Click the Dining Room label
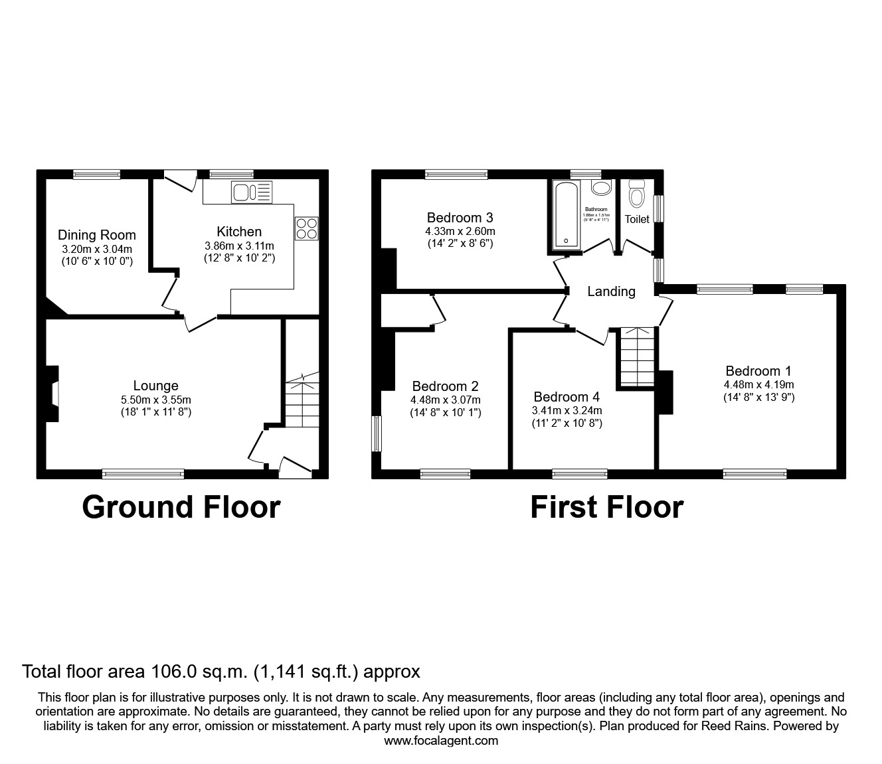coord(96,235)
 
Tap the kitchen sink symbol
coord(251,192)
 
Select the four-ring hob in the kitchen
coord(307,228)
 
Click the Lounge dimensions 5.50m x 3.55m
coord(155,400)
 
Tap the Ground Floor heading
coord(181,507)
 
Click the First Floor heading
coord(606,507)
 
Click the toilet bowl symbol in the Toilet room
coord(637,194)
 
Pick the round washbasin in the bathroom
coord(602,188)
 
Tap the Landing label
coord(611,291)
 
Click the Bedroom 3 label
coord(460,218)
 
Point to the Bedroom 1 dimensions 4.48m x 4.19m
coord(758,384)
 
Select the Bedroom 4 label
coord(567,397)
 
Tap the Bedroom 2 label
coord(445,386)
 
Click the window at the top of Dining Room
coord(97,175)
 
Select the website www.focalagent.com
coord(441,741)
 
